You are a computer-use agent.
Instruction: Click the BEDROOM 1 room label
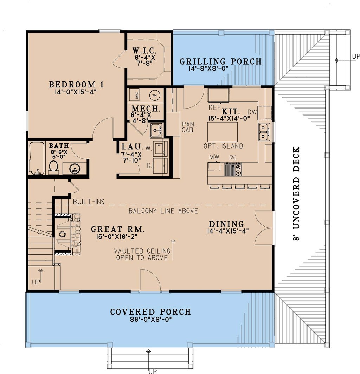(x=76, y=84)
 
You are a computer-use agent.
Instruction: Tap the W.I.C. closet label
(x=144, y=51)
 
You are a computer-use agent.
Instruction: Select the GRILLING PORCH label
(x=220, y=61)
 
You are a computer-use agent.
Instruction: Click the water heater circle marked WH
(x=154, y=96)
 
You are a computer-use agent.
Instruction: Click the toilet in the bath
(x=53, y=166)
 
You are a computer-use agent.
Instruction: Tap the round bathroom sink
(x=75, y=169)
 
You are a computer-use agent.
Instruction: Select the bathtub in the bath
(x=37, y=158)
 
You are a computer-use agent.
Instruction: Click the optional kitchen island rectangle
(x=223, y=132)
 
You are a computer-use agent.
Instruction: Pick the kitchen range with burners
(x=233, y=170)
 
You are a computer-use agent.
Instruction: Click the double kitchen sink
(x=264, y=132)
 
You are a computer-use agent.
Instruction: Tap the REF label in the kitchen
(x=215, y=107)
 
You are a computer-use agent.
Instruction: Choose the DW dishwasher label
(x=252, y=112)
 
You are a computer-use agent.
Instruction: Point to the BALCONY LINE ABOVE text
(x=163, y=211)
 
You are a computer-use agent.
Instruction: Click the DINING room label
(x=226, y=224)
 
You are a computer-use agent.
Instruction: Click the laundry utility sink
(x=156, y=130)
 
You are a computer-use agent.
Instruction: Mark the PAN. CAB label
(x=188, y=127)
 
